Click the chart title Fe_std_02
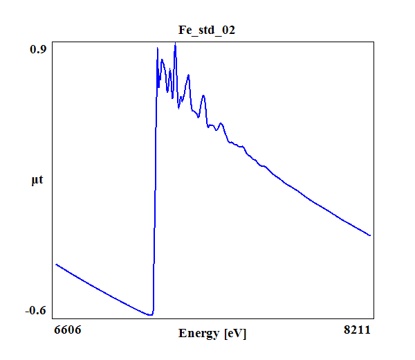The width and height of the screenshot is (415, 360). (207, 30)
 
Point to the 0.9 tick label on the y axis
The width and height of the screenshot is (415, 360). (37, 49)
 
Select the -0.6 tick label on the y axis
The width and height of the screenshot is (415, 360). (35, 310)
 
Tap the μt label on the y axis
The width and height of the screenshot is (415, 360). (37, 181)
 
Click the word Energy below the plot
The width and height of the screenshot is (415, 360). (199, 334)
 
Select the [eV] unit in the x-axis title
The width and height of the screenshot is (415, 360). (234, 334)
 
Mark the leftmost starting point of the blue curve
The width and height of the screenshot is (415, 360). (56, 264)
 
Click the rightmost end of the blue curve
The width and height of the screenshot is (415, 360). (371, 235)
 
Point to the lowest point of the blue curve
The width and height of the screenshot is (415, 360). (149, 315)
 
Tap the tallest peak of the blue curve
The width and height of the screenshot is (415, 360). (175, 44)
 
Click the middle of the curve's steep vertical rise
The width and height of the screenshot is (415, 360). (155, 180)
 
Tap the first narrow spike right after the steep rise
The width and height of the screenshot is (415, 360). (158, 48)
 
